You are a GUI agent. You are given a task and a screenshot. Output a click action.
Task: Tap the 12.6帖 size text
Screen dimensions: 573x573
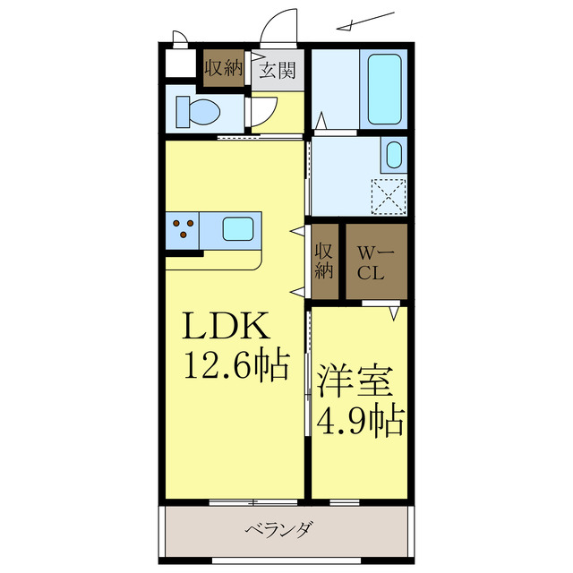(x=236, y=364)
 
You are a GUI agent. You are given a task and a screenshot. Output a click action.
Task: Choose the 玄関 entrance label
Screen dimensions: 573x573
(x=278, y=69)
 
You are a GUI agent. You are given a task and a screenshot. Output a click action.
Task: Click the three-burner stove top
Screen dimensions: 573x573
(x=183, y=228)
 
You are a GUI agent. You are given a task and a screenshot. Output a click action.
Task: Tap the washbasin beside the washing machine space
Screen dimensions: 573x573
(x=393, y=155)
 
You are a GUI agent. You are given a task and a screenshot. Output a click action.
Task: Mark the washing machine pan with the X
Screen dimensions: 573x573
(x=389, y=197)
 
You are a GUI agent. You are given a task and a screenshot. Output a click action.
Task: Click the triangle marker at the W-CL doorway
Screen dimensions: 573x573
(x=393, y=313)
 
